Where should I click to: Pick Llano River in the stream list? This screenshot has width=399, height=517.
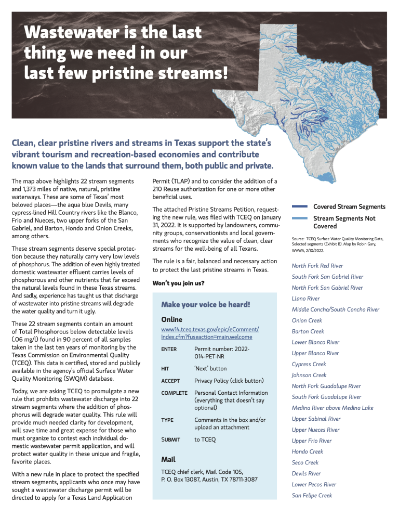coord(305,299)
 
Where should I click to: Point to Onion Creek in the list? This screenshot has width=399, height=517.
coord(307,320)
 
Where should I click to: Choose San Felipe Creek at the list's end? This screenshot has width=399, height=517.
coord(312,495)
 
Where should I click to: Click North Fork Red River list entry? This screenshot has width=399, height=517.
coord(317,266)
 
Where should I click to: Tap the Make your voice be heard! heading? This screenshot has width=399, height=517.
coord(206,304)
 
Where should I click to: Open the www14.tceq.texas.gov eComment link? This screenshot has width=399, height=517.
coord(210,333)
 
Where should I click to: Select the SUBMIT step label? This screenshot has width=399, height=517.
coord(171,440)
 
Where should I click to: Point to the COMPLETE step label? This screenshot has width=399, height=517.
coord(174,393)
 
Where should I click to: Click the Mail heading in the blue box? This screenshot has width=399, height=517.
coord(168,459)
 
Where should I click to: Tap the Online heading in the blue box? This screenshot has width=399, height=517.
coord(172,319)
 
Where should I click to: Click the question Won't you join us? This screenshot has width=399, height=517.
coord(178,283)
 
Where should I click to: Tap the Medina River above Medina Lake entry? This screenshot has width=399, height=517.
coord(332,408)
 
